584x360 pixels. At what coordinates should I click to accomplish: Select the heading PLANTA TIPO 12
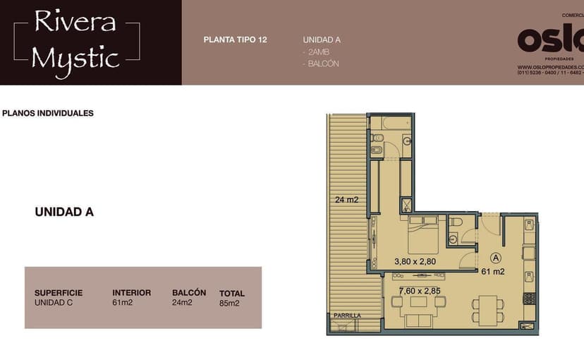pyautogui.click(x=235, y=40)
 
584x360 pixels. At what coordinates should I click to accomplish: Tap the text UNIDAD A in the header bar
pyautogui.click(x=322, y=40)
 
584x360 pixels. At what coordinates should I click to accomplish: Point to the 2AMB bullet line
pyautogui.click(x=316, y=52)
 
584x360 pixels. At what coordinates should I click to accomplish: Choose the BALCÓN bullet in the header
pyautogui.click(x=322, y=64)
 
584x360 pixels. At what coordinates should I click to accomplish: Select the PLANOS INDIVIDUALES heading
pyautogui.click(x=48, y=113)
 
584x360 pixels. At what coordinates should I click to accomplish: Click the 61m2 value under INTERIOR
pyautogui.click(x=122, y=303)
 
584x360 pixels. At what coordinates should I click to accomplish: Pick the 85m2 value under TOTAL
pyautogui.click(x=229, y=304)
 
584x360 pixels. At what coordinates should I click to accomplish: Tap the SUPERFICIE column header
pyautogui.click(x=59, y=293)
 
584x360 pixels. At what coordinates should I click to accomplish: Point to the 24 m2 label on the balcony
pyautogui.click(x=346, y=200)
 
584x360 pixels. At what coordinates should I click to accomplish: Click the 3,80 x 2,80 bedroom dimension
pyautogui.click(x=415, y=261)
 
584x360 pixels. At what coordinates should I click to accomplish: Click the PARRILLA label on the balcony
pyautogui.click(x=347, y=316)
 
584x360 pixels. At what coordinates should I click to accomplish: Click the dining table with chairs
pyautogui.click(x=488, y=308)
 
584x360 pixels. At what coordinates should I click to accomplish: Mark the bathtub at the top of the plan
pyautogui.click(x=390, y=124)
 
